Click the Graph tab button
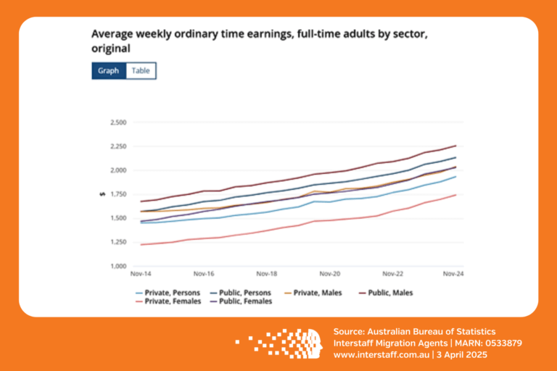[108, 71]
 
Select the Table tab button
[141, 71]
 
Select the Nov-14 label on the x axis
[141, 275]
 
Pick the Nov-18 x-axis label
[267, 275]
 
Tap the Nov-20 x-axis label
[330, 275]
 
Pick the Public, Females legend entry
[246, 301]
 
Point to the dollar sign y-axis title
[102, 194]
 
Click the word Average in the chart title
[110, 34]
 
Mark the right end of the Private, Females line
[455, 194]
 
